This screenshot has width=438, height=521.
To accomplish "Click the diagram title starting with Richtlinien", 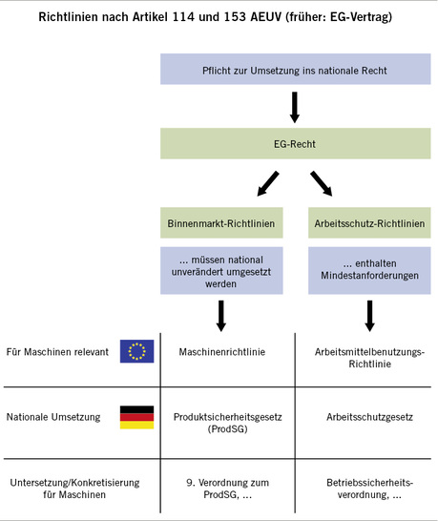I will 219,17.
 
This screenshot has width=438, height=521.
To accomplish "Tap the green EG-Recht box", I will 294,145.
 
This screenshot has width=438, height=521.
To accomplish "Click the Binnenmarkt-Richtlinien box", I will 220,225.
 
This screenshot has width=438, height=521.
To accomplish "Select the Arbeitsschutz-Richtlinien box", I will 368,225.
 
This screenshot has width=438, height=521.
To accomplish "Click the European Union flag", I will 136,351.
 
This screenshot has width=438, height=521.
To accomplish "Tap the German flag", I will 136,417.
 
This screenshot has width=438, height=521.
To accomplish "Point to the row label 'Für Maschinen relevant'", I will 57,352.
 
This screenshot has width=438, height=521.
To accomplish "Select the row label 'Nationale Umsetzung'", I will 52,417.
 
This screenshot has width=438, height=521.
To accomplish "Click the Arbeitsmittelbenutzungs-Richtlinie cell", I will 368,358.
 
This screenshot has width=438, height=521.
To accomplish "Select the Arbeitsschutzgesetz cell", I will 368,417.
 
